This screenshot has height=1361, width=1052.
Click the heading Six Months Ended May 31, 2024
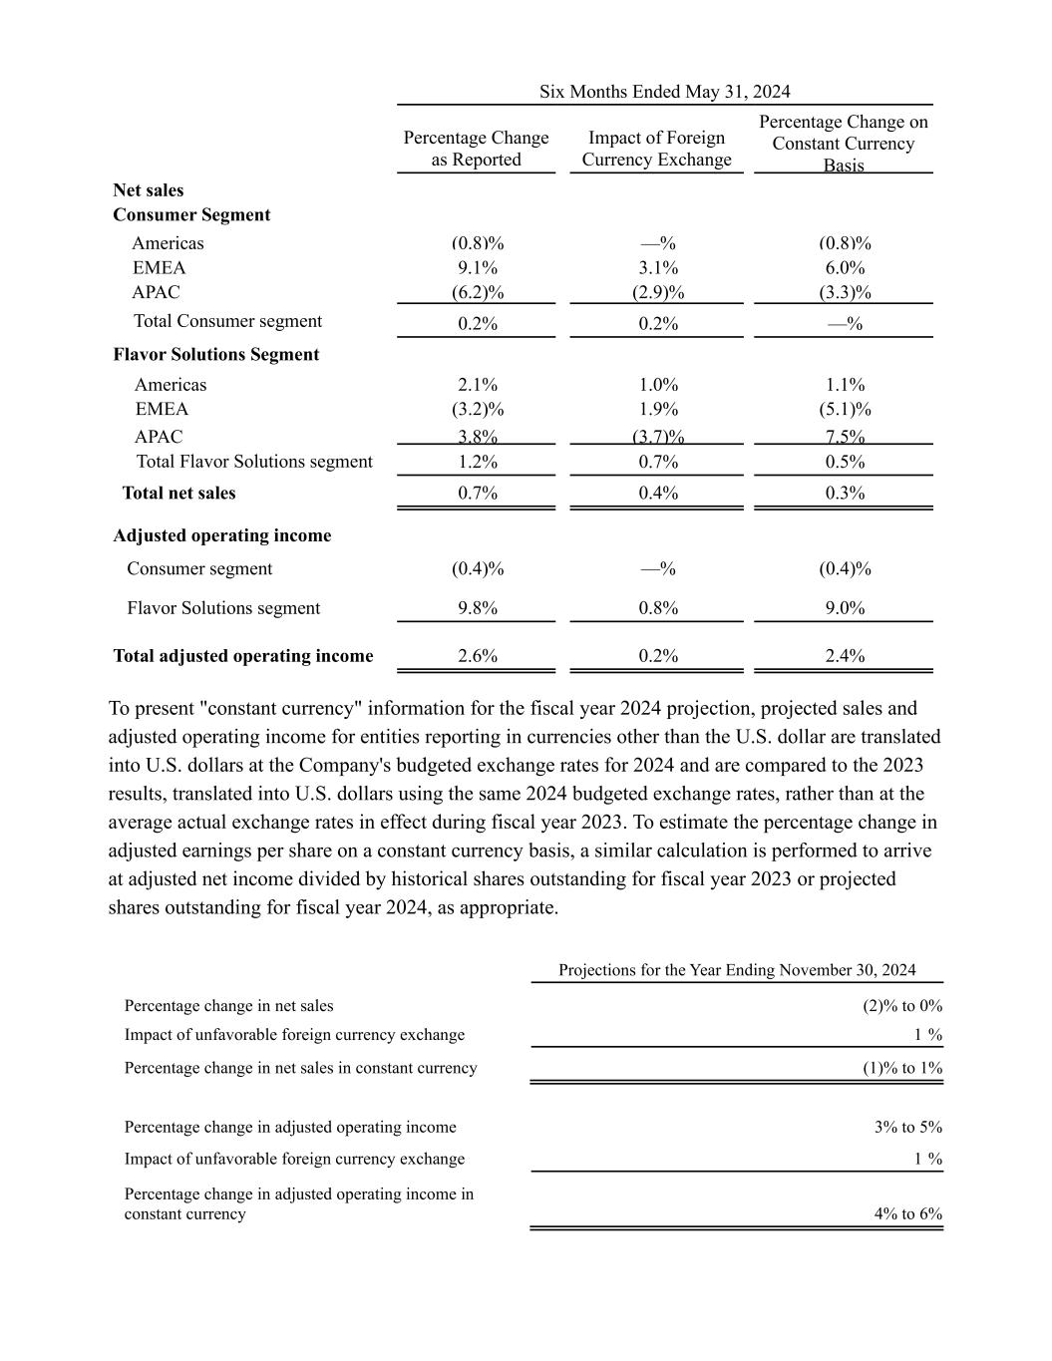click(x=664, y=92)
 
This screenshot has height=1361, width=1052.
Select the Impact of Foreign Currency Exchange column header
click(x=656, y=149)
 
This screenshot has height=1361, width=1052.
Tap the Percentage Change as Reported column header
click(x=476, y=149)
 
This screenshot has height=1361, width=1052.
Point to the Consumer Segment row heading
click(x=191, y=215)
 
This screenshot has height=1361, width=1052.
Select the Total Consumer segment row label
click(x=227, y=321)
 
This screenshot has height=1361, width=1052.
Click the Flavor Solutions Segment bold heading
click(x=216, y=355)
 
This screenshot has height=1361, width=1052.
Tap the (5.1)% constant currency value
click(x=845, y=409)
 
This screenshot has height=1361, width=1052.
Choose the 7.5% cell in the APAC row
click(x=845, y=437)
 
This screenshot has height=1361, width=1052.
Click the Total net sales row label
click(x=178, y=493)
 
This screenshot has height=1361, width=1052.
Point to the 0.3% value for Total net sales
click(x=845, y=493)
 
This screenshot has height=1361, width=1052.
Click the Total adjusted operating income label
click(x=243, y=656)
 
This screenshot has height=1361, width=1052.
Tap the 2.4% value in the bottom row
click(x=845, y=656)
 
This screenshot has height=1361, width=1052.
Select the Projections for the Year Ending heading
click(x=737, y=970)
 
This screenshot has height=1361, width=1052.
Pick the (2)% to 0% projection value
click(x=901, y=1006)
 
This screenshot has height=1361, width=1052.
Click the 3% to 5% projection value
click(x=907, y=1128)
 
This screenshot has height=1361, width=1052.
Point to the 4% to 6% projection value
click(x=907, y=1214)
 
